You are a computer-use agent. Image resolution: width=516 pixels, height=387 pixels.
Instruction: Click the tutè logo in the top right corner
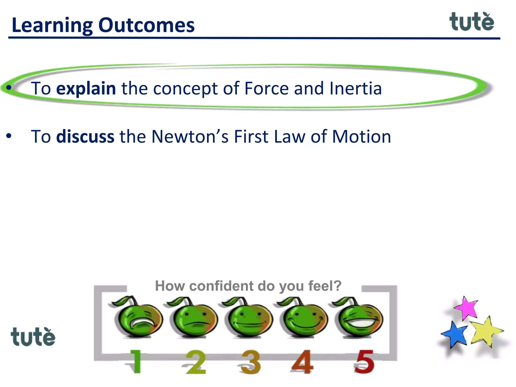[472, 22]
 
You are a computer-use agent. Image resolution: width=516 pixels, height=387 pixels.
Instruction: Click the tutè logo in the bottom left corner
[33, 337]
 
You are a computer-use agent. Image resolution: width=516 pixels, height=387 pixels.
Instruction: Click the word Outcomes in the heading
[146, 25]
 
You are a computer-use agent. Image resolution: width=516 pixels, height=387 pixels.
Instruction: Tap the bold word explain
[86, 89]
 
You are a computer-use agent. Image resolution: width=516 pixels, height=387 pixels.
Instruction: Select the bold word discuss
[85, 137]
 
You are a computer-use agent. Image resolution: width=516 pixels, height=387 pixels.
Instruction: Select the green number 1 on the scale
[136, 361]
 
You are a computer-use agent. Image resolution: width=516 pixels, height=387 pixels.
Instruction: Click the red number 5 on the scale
[364, 362]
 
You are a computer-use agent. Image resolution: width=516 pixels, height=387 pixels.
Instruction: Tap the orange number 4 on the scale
[302, 362]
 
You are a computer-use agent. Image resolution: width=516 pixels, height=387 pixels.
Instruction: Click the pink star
[467, 308]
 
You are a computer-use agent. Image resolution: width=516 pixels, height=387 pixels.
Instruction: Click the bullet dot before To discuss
[9, 136]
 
